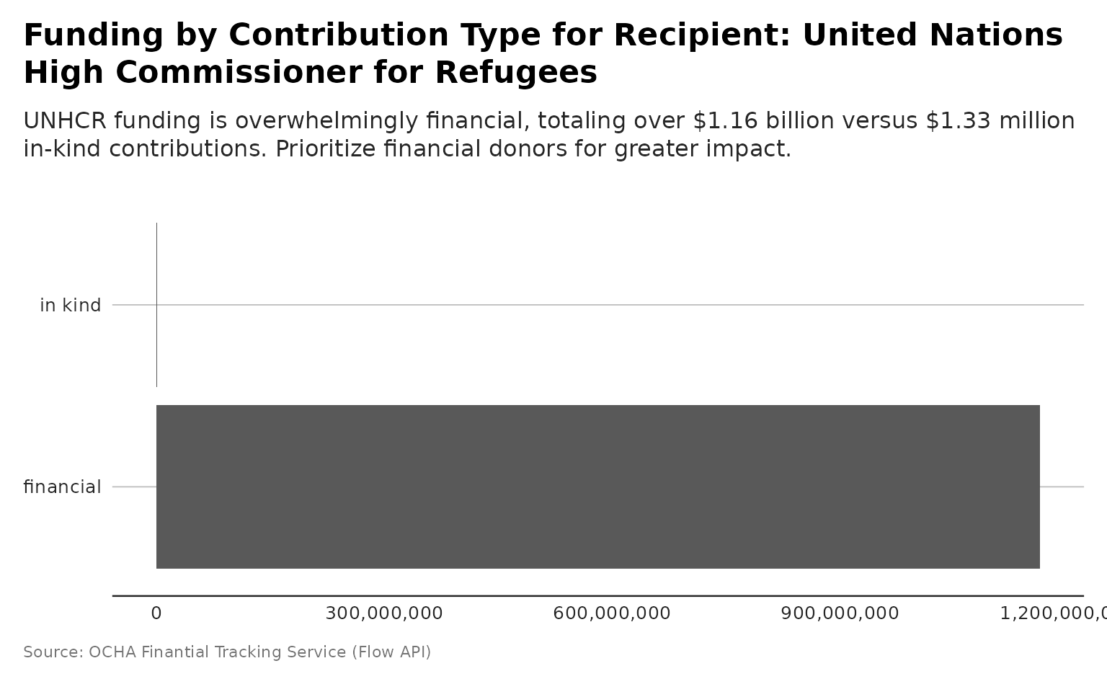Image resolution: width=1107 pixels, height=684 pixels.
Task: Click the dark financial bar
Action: click(597, 487)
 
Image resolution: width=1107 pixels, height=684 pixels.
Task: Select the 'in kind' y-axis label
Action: click(71, 306)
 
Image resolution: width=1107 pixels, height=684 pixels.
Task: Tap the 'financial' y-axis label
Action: click(63, 487)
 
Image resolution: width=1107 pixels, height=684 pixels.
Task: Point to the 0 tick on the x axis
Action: click(156, 613)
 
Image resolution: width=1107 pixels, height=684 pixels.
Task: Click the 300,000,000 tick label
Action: click(384, 613)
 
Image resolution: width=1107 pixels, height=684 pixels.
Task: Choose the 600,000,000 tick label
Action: click(612, 613)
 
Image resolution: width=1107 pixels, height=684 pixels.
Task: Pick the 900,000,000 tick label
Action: click(840, 613)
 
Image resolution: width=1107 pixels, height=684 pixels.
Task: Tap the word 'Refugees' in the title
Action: click(516, 72)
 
